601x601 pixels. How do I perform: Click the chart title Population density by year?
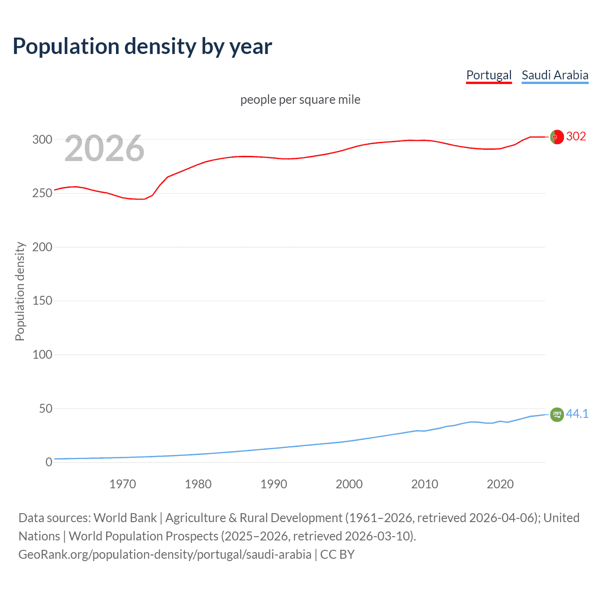coord(142,46)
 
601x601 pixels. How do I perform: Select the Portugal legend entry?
coord(488,75)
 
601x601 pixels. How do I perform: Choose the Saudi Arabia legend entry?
coord(555,75)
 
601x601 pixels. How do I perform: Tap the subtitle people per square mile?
coord(300,100)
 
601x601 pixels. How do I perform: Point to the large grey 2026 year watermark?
coord(104,148)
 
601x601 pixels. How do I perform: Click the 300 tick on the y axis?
coord(42,139)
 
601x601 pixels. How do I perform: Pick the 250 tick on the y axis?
coord(42,193)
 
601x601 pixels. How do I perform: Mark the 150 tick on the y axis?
coord(42,301)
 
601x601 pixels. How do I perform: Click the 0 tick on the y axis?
coord(49,462)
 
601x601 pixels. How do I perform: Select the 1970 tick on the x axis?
coord(123,484)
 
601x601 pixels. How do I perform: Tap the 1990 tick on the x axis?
coord(274,484)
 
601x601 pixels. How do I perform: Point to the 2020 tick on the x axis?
coord(500,484)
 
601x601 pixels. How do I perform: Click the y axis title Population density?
coord(20,291)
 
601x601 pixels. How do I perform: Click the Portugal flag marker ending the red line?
coord(557,137)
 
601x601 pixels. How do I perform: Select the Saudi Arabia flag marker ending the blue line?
coord(557,415)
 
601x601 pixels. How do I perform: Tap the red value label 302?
coord(576,136)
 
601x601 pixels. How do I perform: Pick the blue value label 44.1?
coord(577,414)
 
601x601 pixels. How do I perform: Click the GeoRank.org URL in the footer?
coord(165,555)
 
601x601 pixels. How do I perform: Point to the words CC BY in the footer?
coord(337,555)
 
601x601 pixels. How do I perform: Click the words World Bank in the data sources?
coord(125,518)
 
